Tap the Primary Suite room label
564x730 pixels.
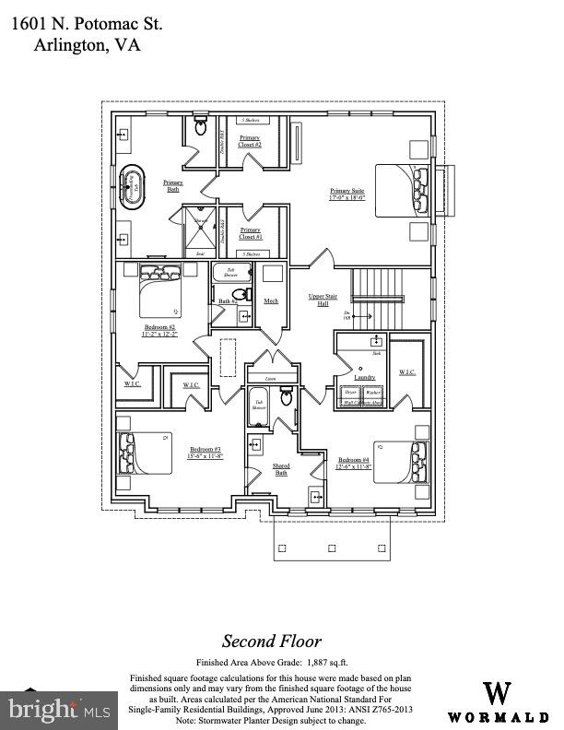pos(347,194)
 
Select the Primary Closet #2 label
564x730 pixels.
pos(250,142)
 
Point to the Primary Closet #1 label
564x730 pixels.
pos(250,233)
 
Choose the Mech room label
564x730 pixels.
pos(271,300)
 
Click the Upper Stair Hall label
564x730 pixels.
pos(318,300)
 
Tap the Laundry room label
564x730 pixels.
pos(364,377)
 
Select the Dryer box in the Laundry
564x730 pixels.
pos(351,393)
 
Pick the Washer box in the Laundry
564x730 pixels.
pos(372,393)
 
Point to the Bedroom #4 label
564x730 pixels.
pos(355,463)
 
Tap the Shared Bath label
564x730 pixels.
pos(281,468)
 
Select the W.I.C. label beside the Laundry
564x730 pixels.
pos(407,372)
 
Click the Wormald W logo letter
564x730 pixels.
pos(499,693)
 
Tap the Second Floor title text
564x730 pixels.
pos(272,642)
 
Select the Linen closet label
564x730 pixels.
pos(269,379)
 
